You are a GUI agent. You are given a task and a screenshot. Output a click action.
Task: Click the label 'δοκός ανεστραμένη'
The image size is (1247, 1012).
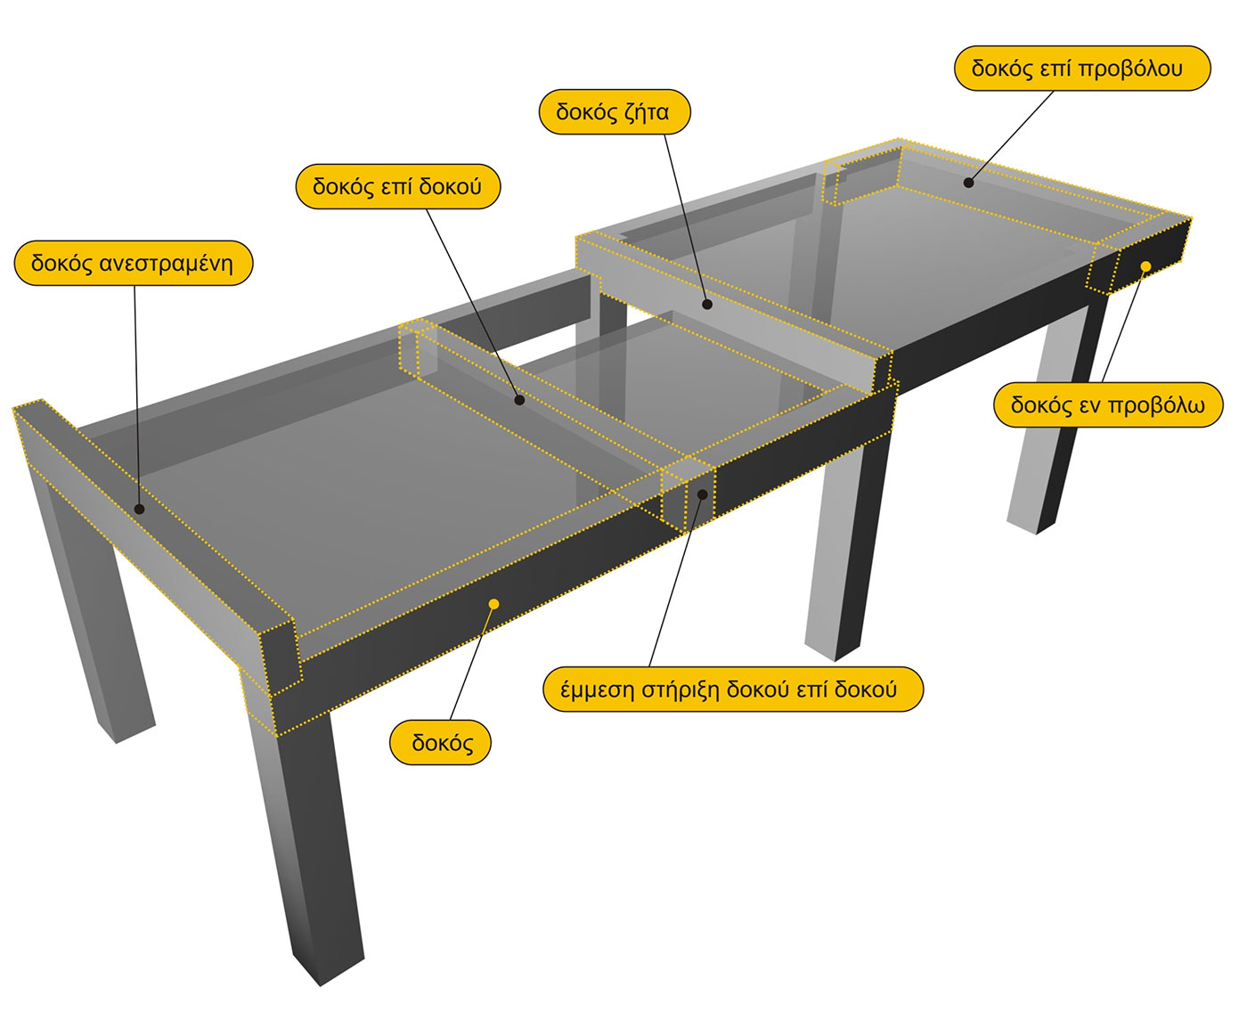pos(134,264)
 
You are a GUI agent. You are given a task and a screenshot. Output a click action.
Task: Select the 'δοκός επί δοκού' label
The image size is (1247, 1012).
pos(398,187)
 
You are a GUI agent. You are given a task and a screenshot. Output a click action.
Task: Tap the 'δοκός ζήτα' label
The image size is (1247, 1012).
pos(614,111)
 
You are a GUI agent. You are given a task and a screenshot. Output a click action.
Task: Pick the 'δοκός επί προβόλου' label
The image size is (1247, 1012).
pos(1082,69)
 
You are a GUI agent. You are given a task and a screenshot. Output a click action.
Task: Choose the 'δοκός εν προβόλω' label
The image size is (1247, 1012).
pos(1108,405)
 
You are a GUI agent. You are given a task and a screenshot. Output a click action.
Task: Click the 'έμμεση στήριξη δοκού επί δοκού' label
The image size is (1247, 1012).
pos(733,690)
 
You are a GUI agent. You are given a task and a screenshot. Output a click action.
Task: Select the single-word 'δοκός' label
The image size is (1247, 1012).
pos(440,743)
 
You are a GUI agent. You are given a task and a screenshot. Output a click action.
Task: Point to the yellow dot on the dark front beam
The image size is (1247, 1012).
pos(493,603)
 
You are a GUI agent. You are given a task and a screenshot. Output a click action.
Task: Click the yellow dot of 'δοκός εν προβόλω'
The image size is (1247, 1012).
pos(1145,267)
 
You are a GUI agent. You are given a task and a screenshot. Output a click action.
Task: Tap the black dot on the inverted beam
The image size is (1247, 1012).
pos(139,510)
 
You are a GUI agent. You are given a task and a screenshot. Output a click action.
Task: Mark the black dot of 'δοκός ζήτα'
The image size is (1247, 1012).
pos(707,305)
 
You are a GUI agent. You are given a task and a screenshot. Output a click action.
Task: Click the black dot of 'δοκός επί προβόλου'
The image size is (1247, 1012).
pos(969,183)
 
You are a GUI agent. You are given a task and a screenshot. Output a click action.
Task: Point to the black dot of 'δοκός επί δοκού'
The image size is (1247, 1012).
pos(519,400)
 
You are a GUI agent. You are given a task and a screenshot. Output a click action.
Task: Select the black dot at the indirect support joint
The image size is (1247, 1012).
pos(703,494)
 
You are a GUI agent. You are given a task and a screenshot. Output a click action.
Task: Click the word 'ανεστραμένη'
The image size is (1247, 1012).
pos(167,265)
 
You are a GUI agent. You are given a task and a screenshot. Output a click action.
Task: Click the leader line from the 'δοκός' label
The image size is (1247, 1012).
pos(472,662)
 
